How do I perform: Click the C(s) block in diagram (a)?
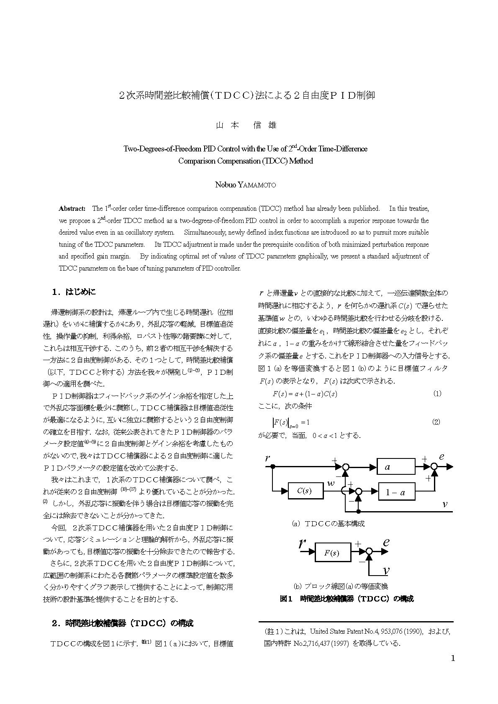point(305,491)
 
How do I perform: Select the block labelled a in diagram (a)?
point(395,467)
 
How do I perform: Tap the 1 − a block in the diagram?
point(396,492)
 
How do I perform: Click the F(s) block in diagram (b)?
point(332,553)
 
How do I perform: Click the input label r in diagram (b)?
point(302,544)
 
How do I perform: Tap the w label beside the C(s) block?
point(331,483)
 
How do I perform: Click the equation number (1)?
point(437,393)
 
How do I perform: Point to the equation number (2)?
point(436,422)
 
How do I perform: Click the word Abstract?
point(72,208)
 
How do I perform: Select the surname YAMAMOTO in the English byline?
point(257,185)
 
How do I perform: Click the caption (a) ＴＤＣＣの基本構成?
point(329,523)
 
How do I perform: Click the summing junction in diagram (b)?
point(369,552)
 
